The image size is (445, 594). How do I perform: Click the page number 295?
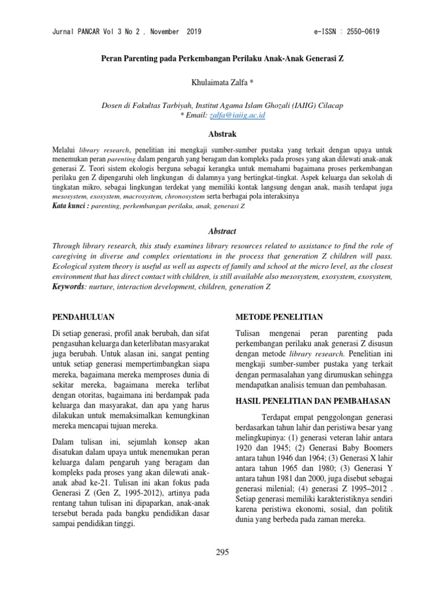pos(222,552)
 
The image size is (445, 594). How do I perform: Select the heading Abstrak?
pos(222,134)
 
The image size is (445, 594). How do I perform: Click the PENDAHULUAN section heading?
pos(83,317)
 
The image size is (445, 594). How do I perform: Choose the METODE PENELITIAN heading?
pos(279,317)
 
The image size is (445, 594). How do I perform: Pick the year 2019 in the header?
pos(190,32)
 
